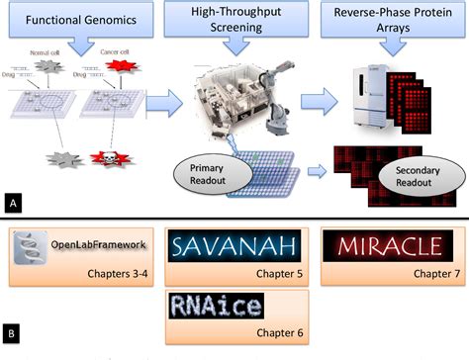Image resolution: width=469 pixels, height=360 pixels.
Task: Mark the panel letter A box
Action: pos(12,203)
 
